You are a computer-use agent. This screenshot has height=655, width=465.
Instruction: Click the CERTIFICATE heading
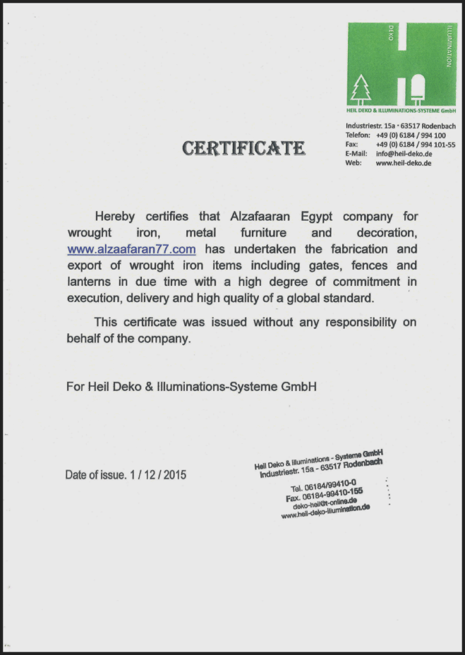[243, 148]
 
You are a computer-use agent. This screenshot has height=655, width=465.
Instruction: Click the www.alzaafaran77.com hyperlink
[131, 249]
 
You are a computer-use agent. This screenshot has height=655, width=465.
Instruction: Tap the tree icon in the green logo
[361, 89]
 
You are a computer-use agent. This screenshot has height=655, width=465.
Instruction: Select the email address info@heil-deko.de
[404, 154]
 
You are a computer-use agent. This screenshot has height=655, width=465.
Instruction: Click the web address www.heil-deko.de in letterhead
[403, 163]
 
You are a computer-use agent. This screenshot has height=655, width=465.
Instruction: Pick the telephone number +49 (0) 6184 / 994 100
[411, 136]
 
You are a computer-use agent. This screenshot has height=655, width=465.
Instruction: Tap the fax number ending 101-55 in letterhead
[415, 145]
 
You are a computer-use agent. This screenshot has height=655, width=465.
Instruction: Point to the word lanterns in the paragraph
[90, 281]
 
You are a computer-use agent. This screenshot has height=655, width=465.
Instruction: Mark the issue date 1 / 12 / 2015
[157, 475]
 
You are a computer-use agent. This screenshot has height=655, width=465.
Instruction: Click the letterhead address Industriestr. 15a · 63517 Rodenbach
[400, 126]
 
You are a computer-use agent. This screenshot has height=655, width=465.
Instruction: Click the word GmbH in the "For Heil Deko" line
[299, 386]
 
